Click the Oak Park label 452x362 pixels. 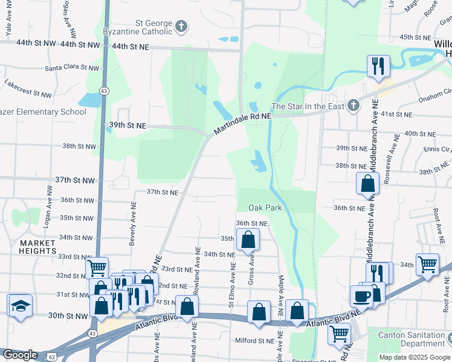point(266,208)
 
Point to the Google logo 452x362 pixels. point(19,355)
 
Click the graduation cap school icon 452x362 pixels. point(20,305)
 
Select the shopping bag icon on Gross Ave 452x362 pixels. point(248,240)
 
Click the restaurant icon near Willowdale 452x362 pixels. point(378,66)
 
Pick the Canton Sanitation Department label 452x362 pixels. point(415,339)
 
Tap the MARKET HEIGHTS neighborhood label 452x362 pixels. point(37,247)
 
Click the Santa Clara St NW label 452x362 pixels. point(70,68)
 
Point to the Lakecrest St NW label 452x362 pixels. point(28,89)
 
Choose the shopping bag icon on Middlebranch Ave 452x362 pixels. point(367,184)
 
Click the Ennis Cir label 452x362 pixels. point(436,148)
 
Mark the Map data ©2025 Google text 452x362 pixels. point(414,357)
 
